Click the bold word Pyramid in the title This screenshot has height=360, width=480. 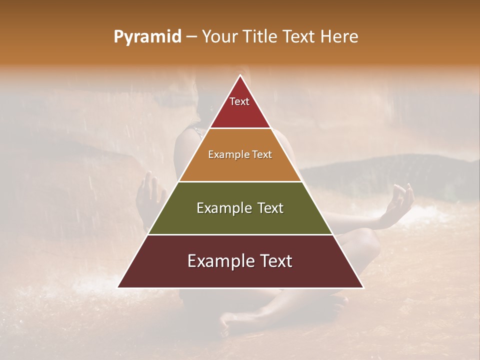click(147, 37)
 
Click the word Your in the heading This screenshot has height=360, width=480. click(220, 36)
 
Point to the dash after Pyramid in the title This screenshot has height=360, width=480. click(191, 37)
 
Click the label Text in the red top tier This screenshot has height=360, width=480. click(239, 101)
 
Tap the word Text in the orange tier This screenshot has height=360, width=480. click(259, 154)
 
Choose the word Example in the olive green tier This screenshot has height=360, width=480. click(218, 208)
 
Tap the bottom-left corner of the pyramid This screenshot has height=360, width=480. click(118, 287)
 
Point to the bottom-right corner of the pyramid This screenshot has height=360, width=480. click(363, 287)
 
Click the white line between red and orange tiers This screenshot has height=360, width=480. click(240, 128)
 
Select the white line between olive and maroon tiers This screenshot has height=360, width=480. click(240, 234)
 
